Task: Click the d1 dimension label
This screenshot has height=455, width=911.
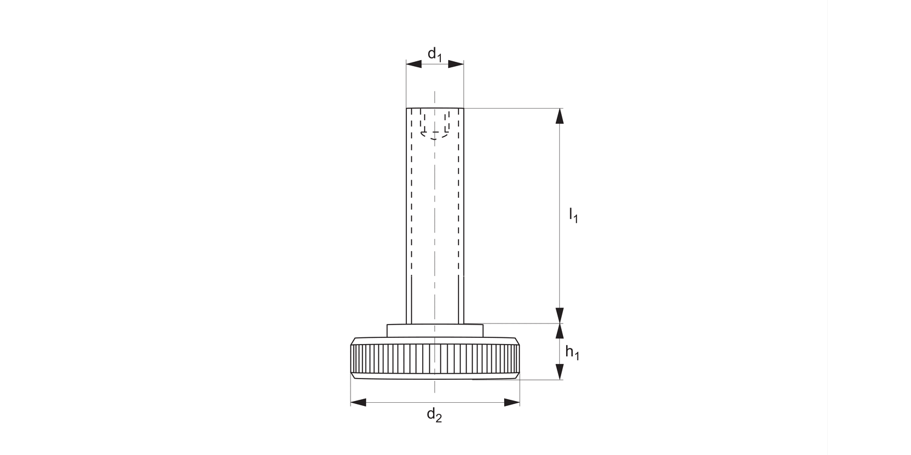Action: pyautogui.click(x=435, y=54)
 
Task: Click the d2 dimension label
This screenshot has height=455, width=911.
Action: pyautogui.click(x=434, y=415)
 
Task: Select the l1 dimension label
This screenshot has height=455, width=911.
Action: pyautogui.click(x=573, y=215)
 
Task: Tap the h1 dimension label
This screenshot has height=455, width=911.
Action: pyautogui.click(x=572, y=352)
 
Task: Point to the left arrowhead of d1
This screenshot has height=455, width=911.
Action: pyautogui.click(x=414, y=64)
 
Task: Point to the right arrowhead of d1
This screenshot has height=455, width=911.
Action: pyautogui.click(x=456, y=64)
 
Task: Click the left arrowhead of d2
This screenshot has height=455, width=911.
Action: pyautogui.click(x=358, y=402)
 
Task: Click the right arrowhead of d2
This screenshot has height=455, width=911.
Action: pyautogui.click(x=512, y=402)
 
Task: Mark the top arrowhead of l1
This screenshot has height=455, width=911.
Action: pyautogui.click(x=560, y=116)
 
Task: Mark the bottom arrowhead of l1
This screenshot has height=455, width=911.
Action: pyautogui.click(x=560, y=315)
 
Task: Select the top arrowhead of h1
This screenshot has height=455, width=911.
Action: pyautogui.click(x=560, y=331)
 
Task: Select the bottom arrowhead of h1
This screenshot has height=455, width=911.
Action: pyautogui.click(x=560, y=372)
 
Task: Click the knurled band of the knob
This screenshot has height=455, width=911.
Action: pyautogui.click(x=435, y=359)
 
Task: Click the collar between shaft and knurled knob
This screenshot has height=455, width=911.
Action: pyautogui.click(x=435, y=330)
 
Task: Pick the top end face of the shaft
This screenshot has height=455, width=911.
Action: pyautogui.click(x=435, y=109)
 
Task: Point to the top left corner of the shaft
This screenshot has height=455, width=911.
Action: pyautogui.click(x=406, y=109)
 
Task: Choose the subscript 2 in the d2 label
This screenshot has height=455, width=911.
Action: pyautogui.click(x=439, y=419)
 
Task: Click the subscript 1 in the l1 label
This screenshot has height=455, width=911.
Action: pyautogui.click(x=576, y=218)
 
